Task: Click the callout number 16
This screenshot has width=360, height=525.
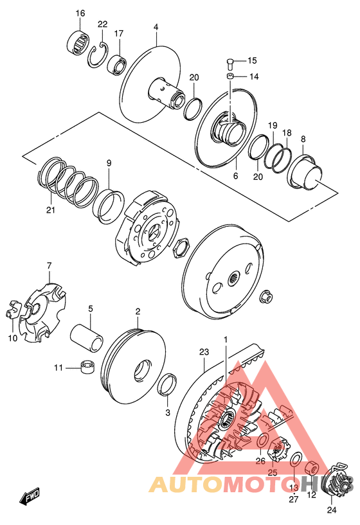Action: click(x=80, y=13)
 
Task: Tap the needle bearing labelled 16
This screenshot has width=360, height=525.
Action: click(x=78, y=42)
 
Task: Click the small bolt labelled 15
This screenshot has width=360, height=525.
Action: click(x=230, y=63)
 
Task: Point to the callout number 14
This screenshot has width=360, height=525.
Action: click(x=254, y=76)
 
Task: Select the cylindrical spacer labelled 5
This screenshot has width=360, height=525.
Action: click(x=86, y=337)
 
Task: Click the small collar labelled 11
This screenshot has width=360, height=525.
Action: click(x=87, y=367)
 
